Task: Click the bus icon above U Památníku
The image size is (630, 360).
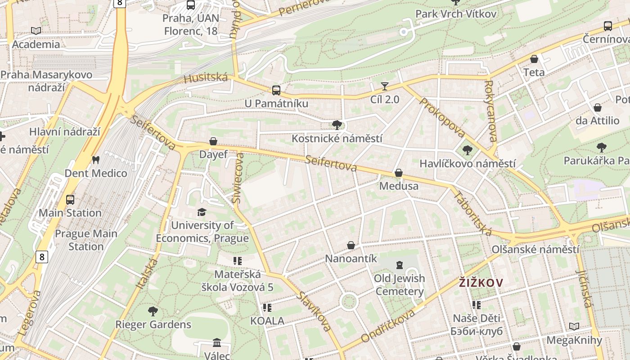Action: coord(276,90)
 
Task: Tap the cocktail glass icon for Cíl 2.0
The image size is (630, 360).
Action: coord(384,86)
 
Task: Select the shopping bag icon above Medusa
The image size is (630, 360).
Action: coord(398,173)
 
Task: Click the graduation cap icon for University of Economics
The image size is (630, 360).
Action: coord(202,212)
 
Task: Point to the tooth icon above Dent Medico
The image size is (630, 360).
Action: coord(95,160)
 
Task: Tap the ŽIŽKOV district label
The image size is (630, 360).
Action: coord(481,283)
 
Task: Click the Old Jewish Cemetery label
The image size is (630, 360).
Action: coord(399,285)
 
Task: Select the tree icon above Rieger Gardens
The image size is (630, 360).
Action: coord(153,311)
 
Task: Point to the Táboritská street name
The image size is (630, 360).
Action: coord(472,213)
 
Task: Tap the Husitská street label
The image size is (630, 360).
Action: coord(206,78)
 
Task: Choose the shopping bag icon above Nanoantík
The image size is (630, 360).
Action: coord(351,245)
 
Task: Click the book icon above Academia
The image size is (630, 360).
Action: coord(36,31)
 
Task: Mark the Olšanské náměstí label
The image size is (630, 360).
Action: coord(535,249)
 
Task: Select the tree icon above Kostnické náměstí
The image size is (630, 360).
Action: coord(337,125)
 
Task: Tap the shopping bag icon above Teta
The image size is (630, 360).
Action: coord(534,59)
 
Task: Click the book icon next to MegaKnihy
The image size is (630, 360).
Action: coord(574,326)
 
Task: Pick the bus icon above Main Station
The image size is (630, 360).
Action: coord(70,199)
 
